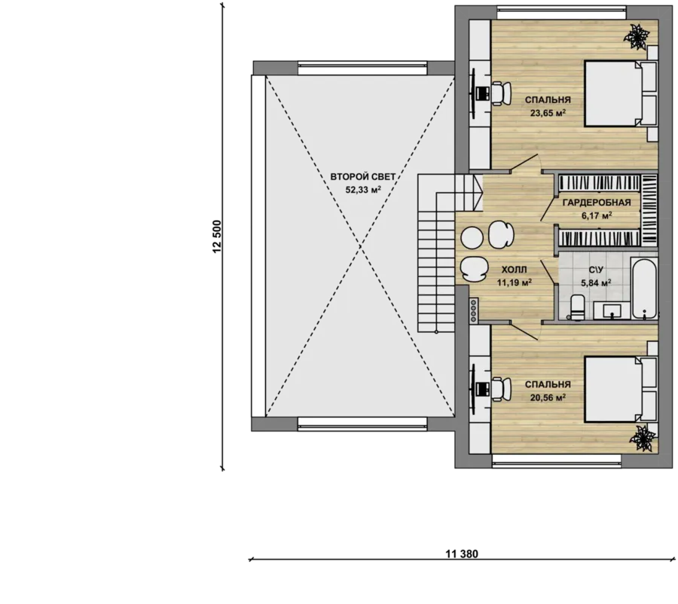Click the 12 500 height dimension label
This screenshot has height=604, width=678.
(x=217, y=236)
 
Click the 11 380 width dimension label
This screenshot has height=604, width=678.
(x=461, y=554)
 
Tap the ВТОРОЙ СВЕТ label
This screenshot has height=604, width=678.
(x=363, y=177)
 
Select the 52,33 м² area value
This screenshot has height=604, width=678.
(x=363, y=189)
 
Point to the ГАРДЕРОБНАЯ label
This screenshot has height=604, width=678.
(x=597, y=203)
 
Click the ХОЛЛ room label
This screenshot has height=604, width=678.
(x=514, y=270)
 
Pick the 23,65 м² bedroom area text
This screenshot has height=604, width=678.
(x=548, y=113)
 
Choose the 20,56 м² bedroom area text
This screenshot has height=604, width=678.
(x=548, y=398)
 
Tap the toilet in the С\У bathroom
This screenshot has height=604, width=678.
(x=577, y=307)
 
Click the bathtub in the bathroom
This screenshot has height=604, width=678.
(x=644, y=288)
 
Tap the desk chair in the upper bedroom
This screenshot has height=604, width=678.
(x=501, y=93)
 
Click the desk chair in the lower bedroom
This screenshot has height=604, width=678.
(x=501, y=389)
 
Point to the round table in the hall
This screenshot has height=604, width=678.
(x=472, y=237)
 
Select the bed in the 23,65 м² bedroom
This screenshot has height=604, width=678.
(x=620, y=93)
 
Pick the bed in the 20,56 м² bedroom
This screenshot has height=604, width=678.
(x=620, y=389)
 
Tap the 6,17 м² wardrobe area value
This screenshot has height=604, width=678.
(x=597, y=215)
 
